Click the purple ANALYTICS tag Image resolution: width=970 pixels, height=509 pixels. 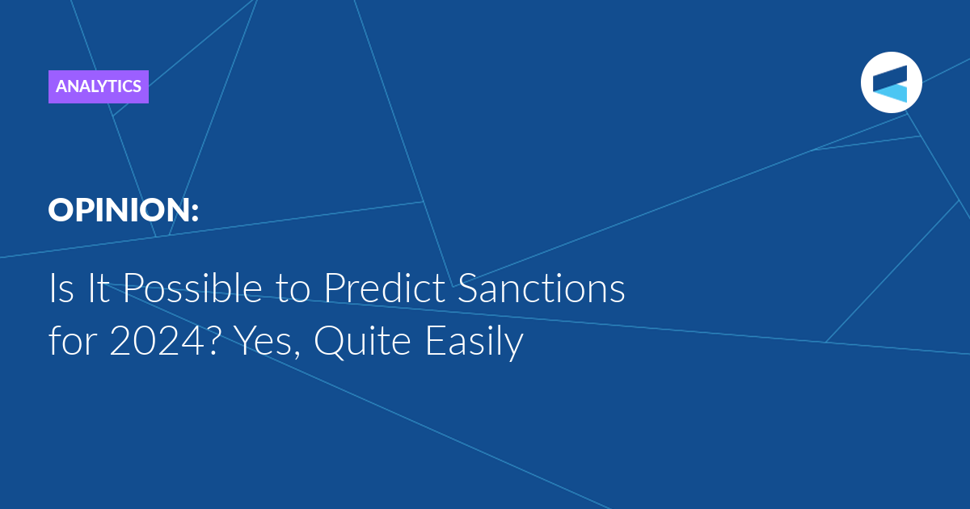pyautogui.click(x=99, y=86)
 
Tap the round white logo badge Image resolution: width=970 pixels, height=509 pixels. pyautogui.click(x=891, y=82)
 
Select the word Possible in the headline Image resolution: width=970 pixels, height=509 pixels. pyautogui.click(x=192, y=288)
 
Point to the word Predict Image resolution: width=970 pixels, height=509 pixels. pyautogui.click(x=385, y=288)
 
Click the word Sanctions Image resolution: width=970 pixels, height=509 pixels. pyautogui.click(x=542, y=288)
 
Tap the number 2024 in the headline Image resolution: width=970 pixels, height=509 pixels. pyautogui.click(x=157, y=341)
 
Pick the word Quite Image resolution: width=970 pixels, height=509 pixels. pyautogui.click(x=362, y=342)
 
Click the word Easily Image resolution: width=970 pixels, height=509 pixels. pyautogui.click(x=475, y=343)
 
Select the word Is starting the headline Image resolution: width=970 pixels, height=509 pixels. pyautogui.click(x=61, y=288)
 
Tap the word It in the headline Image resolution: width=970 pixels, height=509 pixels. pyautogui.click(x=99, y=288)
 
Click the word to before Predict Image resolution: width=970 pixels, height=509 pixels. pyautogui.click(x=293, y=290)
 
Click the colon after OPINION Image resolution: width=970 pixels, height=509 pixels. pyautogui.click(x=195, y=212)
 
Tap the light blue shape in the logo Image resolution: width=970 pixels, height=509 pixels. pyautogui.click(x=891, y=93)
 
